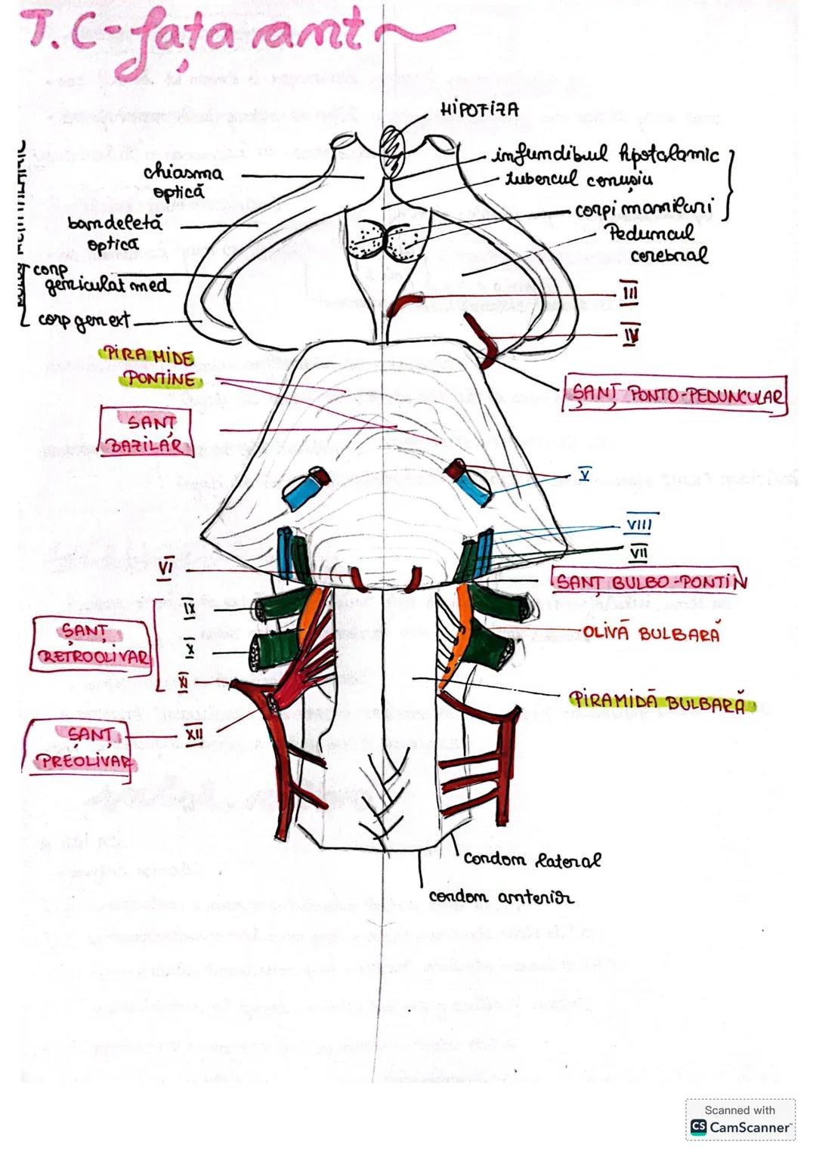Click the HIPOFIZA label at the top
479,110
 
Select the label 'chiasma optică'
183,181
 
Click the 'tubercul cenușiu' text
579,180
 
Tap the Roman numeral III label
629,293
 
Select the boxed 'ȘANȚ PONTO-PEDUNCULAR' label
675,395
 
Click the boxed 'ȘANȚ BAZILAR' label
147,433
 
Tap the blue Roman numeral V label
584,474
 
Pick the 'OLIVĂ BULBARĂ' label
651,633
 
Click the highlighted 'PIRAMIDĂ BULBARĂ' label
660,701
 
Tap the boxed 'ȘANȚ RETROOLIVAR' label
93,643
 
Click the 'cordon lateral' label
532,859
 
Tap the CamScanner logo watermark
740,1127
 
